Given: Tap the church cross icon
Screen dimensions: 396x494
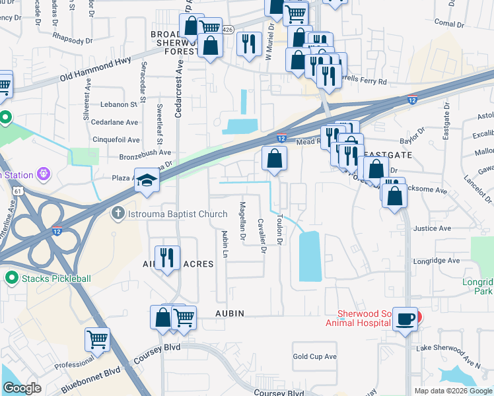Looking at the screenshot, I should point(118,214).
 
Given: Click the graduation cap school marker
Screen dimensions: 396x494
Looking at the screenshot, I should point(146,181).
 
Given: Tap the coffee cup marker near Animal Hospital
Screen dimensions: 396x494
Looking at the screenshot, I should point(405,319).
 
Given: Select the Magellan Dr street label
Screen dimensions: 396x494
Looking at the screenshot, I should point(242,220).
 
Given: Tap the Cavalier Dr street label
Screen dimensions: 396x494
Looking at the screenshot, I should point(262,236).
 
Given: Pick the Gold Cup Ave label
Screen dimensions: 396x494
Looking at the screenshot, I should point(314,356).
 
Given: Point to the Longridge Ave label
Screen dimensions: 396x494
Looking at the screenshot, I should point(436,261).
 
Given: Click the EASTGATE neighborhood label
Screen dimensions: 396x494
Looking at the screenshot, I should point(390,154).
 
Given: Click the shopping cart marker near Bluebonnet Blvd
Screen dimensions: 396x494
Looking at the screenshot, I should point(97,339).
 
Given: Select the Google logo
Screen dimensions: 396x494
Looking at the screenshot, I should point(22,388).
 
